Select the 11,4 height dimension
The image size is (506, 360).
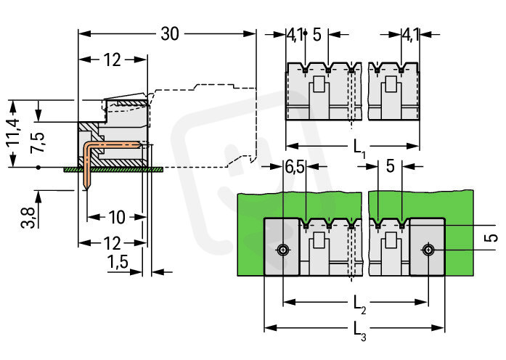pos(13,134)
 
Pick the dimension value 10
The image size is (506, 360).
pos(115,216)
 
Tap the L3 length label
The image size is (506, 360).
pos(359,336)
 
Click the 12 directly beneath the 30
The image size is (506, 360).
pos(112,60)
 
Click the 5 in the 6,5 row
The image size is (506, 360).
pos(390,167)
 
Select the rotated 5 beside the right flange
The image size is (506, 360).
pos(491,238)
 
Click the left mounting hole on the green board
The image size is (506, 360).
pos(282,250)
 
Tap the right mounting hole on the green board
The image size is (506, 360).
pos(430,250)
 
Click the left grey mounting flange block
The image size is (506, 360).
pos(282,247)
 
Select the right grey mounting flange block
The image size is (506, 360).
pos(428,247)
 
